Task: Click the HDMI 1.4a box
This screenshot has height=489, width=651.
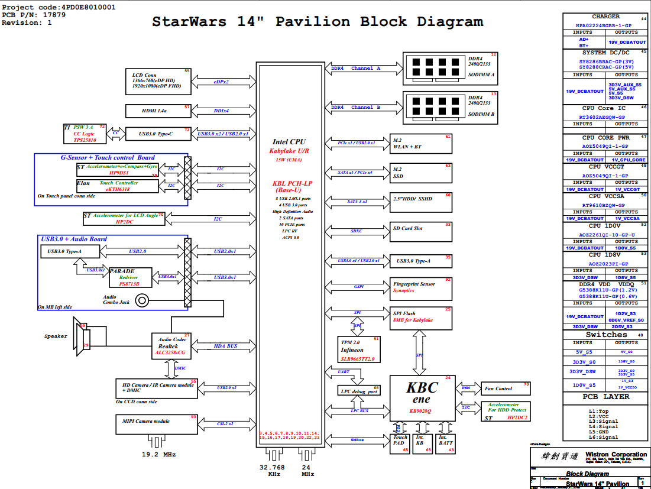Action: click(x=158, y=111)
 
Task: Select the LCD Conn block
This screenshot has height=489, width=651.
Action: click(x=158, y=81)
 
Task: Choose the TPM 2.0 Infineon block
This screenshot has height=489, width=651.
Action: click(x=359, y=349)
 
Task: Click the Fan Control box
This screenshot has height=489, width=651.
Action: click(x=506, y=388)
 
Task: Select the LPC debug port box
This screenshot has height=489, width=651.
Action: click(x=359, y=391)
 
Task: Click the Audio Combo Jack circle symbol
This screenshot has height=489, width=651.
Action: click(x=142, y=301)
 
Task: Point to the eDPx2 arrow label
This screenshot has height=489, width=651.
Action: click(x=222, y=82)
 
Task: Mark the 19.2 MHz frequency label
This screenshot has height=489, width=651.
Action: click(x=158, y=455)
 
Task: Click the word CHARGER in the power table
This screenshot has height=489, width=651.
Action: click(x=605, y=17)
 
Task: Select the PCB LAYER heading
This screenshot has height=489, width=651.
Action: click(x=605, y=397)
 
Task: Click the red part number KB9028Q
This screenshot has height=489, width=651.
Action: click(x=421, y=410)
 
